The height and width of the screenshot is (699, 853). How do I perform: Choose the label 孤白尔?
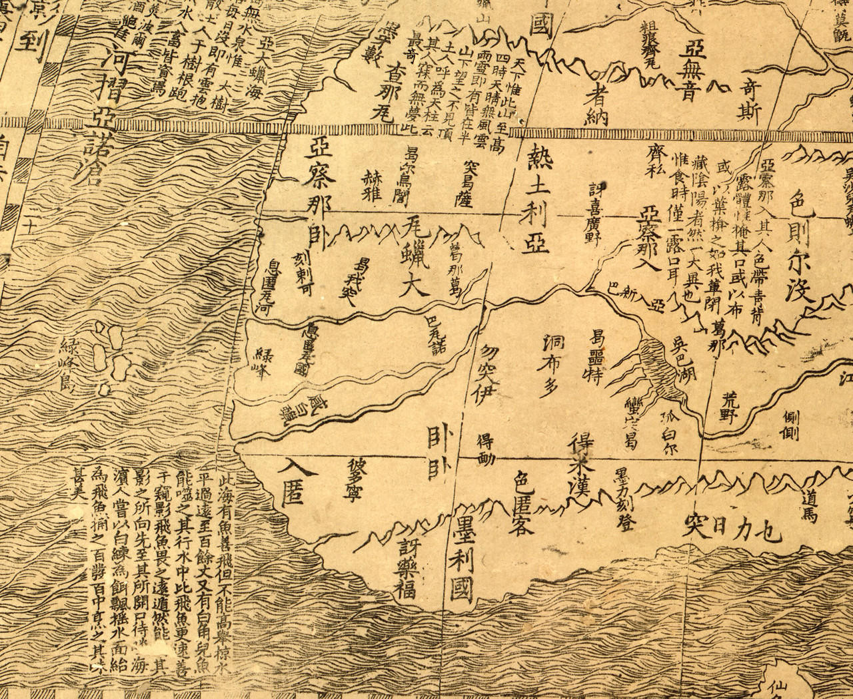pyautogui.click(x=669, y=432)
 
